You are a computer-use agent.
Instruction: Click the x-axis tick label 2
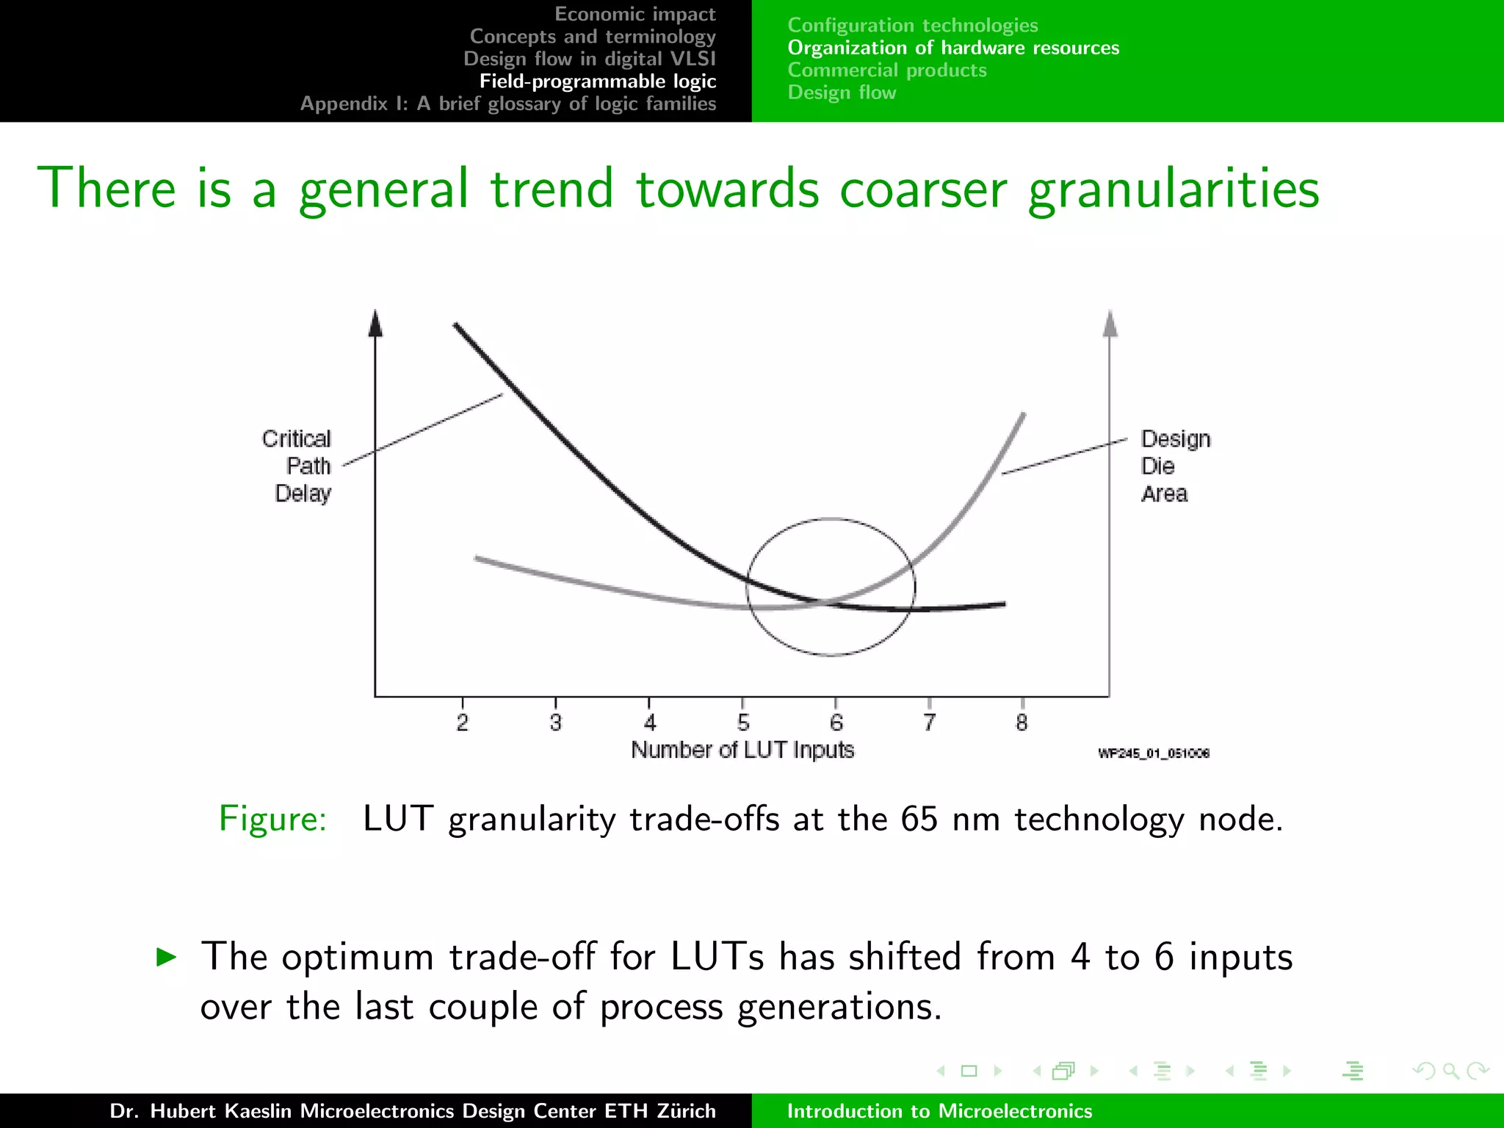coord(462,723)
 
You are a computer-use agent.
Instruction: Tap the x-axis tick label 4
coord(649,723)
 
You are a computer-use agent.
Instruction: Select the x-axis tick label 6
coord(836,723)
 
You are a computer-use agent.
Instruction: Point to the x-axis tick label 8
coord(1022,723)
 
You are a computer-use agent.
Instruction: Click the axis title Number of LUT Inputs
coord(742,750)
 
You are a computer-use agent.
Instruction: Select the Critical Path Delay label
coord(297,466)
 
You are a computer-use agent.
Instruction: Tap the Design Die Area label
coord(1174,466)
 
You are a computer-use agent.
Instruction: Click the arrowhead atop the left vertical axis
coord(375,324)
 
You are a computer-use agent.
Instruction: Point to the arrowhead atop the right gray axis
coord(1110,324)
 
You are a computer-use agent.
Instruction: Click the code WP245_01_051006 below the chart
coord(1153,753)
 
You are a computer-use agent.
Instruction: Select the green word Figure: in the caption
coord(272,818)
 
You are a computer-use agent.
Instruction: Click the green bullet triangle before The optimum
coord(167,956)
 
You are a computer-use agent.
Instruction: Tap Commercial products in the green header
coord(887,70)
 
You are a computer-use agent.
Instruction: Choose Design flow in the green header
coord(842,93)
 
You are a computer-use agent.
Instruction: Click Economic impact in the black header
coord(634,14)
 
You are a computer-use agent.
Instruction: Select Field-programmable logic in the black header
coord(598,81)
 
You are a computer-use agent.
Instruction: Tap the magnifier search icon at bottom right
coord(1450,1071)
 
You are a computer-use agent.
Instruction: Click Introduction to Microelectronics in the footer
coord(939,1110)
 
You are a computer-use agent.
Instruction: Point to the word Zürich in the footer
coord(686,1110)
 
